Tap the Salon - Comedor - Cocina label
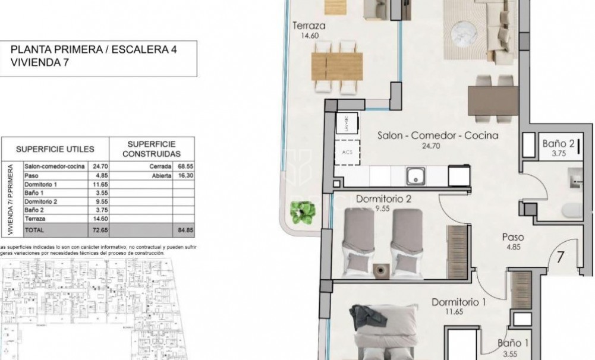tap(437, 136)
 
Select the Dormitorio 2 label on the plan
tap(383, 199)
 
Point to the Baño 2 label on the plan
tap(558, 143)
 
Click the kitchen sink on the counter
tap(414, 175)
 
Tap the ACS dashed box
tap(347, 151)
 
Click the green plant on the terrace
tap(302, 211)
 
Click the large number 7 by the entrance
tap(560, 258)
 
